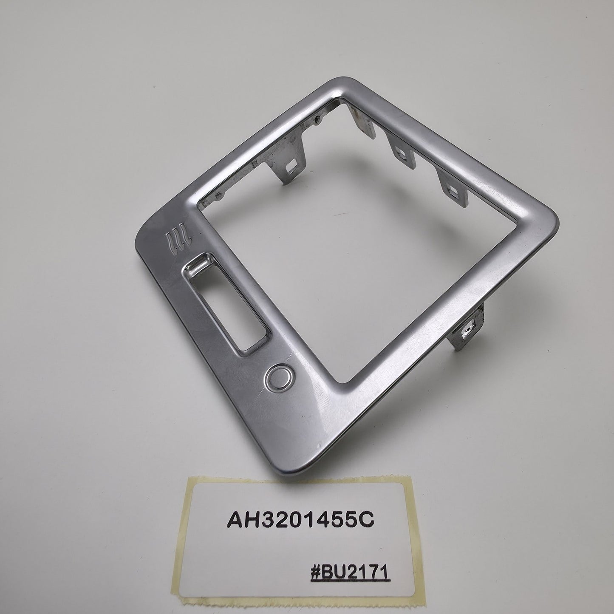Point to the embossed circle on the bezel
[x=278, y=381]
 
